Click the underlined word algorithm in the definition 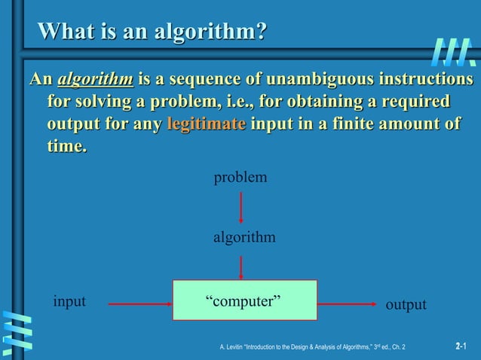(x=95, y=79)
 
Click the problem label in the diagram (x=240, y=178)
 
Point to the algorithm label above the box (x=244, y=237)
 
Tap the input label (x=69, y=302)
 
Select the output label (x=406, y=305)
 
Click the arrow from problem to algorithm (x=240, y=207)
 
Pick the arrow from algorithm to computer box (x=240, y=267)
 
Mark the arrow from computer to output (x=348, y=304)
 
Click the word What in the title (x=66, y=32)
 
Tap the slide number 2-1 (x=461, y=346)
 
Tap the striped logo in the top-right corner (x=454, y=52)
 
